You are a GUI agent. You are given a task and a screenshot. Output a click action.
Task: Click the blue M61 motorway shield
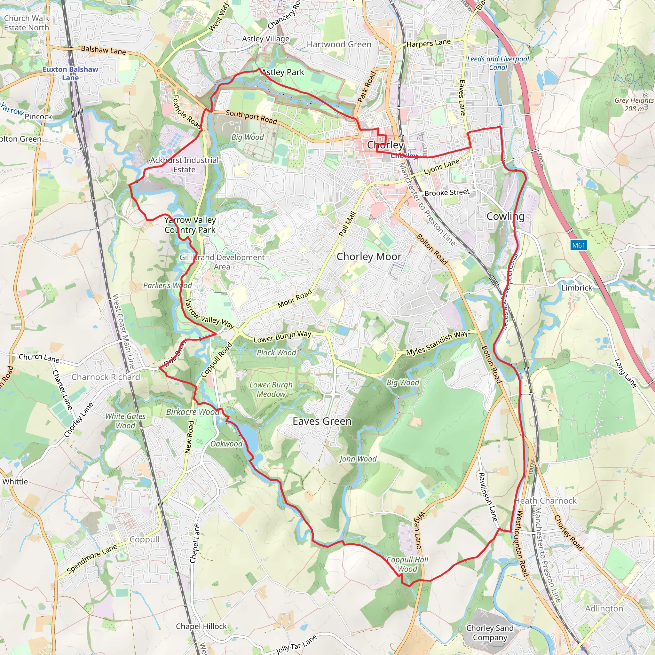(579, 245)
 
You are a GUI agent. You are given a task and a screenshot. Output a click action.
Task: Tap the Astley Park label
(283, 72)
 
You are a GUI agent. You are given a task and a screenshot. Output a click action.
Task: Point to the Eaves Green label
(322, 422)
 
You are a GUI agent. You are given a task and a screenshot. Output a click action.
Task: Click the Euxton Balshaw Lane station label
(70, 73)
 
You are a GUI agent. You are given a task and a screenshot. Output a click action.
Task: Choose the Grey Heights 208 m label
(634, 104)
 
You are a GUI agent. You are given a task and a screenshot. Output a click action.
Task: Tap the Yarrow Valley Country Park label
(190, 225)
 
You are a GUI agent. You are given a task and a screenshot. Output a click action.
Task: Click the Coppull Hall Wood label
(407, 564)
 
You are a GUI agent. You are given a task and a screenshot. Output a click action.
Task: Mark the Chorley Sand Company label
(490, 633)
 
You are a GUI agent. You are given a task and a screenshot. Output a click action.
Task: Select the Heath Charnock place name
(546, 501)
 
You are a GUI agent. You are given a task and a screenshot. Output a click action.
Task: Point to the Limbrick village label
(577, 288)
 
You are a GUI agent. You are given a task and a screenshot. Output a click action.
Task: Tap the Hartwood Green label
(339, 44)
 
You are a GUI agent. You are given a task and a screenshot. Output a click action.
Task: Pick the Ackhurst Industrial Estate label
(185, 165)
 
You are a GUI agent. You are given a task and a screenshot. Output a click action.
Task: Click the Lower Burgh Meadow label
(271, 390)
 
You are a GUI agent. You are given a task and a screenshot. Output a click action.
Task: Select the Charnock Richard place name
(106, 377)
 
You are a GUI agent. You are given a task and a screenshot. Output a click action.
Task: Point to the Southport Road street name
(251, 117)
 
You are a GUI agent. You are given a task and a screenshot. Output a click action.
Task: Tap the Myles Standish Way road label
(437, 343)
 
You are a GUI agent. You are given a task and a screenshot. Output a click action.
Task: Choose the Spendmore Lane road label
(92, 558)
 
